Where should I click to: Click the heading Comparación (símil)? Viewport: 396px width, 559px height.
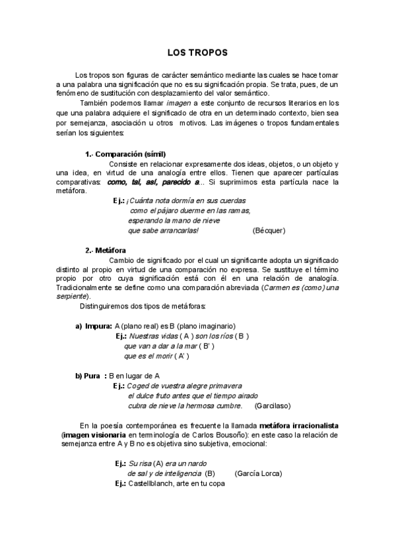click(126, 154)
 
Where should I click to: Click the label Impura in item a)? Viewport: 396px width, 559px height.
click(98, 326)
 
